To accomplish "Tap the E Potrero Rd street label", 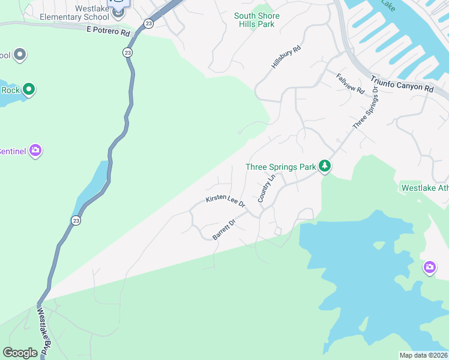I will pyautogui.click(x=108, y=31).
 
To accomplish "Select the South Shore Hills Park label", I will pyautogui.click(x=255, y=20).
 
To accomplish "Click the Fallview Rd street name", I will pyautogui.click(x=351, y=83).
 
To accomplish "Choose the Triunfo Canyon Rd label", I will pyautogui.click(x=401, y=83).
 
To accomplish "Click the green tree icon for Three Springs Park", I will pyautogui.click(x=325, y=166).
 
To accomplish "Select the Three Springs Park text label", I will pyautogui.click(x=280, y=167).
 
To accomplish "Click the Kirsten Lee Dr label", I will pyautogui.click(x=226, y=201).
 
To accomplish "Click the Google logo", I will pyautogui.click(x=20, y=353).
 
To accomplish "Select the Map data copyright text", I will pyautogui.click(x=423, y=355).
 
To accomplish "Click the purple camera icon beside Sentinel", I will pyautogui.click(x=35, y=151).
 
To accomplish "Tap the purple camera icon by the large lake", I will pyautogui.click(x=429, y=268).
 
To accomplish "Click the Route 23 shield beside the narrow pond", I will pyautogui.click(x=76, y=221).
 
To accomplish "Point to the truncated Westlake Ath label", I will pyautogui.click(x=424, y=188).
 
